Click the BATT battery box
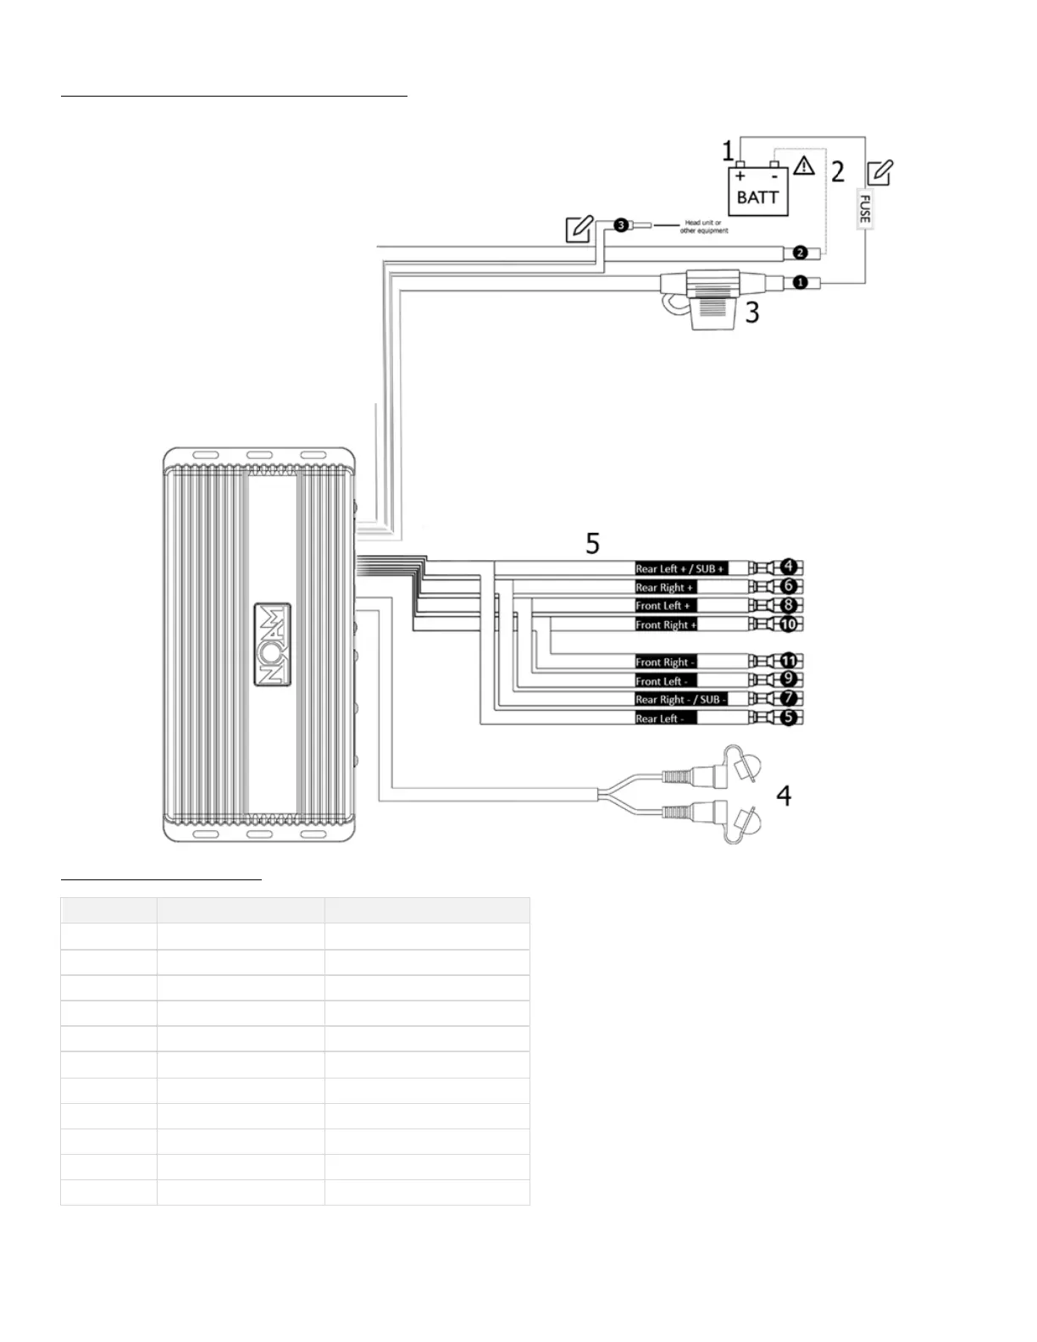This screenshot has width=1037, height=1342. tap(758, 191)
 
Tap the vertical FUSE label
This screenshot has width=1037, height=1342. tap(864, 208)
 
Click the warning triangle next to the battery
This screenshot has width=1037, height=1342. tap(803, 165)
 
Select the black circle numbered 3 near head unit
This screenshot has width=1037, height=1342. tap(621, 225)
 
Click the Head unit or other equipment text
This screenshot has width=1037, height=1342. tap(703, 226)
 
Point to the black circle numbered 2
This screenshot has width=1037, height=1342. tap(799, 252)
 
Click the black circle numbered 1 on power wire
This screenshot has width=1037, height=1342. tap(799, 282)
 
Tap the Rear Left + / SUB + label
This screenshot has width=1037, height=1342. tap(680, 568)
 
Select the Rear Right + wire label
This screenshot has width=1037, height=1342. tap(665, 587)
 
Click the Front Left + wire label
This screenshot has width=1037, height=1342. tap(664, 606)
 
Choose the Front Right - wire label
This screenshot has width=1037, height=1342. tap(666, 663)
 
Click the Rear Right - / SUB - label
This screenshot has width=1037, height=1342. tap(680, 700)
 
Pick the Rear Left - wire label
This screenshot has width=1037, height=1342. tap(665, 718)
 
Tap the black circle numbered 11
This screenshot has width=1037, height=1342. tap(789, 661)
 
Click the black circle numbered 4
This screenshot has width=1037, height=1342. tap(789, 566)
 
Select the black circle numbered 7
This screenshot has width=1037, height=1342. tap(789, 698)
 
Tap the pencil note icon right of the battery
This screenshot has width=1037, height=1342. tap(879, 173)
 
